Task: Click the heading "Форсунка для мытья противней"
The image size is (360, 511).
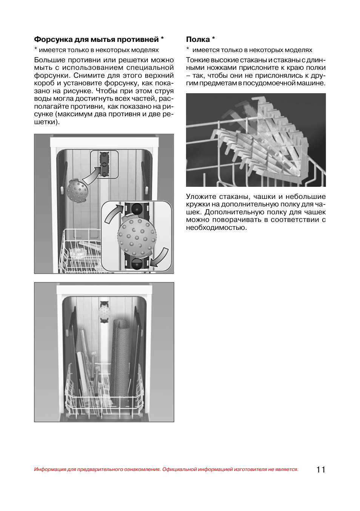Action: click(x=97, y=40)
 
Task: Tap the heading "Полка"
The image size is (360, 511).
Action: click(x=198, y=40)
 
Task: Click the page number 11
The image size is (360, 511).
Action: click(x=321, y=469)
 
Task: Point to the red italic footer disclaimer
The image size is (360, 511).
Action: click(x=166, y=469)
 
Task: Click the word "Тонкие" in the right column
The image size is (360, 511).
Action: click(x=197, y=60)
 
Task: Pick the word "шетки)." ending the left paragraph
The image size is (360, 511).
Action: click(x=46, y=122)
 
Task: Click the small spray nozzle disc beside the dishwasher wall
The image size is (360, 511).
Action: click(x=77, y=191)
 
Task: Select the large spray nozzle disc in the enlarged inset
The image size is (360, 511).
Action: click(x=137, y=236)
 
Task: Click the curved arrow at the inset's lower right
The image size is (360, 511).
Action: click(x=160, y=258)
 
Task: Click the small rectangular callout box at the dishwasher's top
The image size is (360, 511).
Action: click(x=104, y=165)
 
